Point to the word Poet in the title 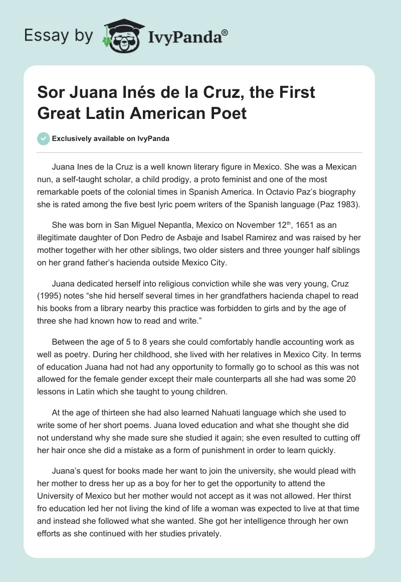pos(230,113)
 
